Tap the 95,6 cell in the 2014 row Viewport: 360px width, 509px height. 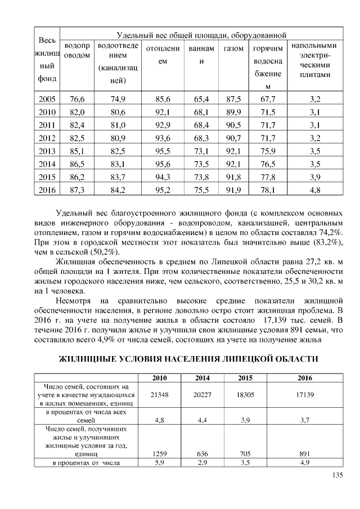click(163, 164)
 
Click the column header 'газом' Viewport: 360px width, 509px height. click(233, 49)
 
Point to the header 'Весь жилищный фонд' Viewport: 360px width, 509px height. click(47, 60)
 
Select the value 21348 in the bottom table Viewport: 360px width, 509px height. click(160, 395)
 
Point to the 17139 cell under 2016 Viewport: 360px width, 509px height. click(304, 395)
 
